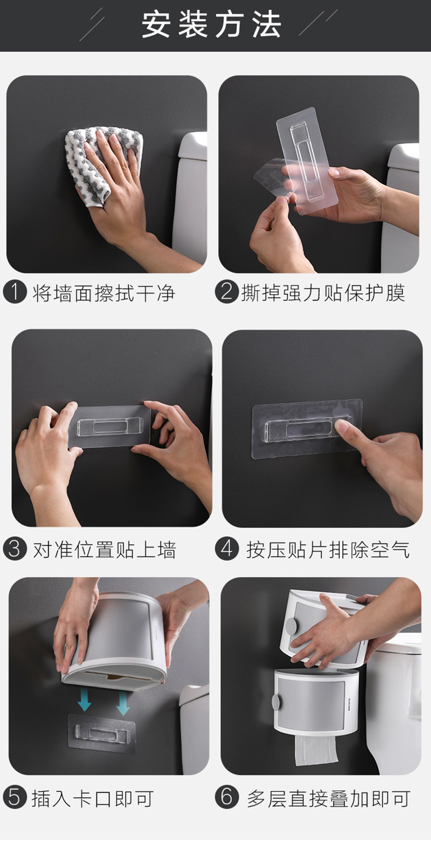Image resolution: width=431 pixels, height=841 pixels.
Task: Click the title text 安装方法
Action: (x=211, y=25)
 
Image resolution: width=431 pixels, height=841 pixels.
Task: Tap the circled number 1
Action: (x=15, y=292)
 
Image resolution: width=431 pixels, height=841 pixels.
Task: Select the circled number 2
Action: (x=227, y=292)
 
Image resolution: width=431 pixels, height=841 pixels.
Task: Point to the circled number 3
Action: (x=15, y=549)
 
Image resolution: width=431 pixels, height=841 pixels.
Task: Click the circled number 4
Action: (x=227, y=549)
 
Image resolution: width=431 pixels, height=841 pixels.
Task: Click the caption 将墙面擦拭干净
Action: (x=104, y=293)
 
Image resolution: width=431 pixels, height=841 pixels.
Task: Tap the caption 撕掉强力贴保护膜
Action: (x=322, y=293)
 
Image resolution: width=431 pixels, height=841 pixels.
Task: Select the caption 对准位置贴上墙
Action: (x=104, y=550)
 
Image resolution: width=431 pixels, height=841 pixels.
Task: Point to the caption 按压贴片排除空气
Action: (x=327, y=550)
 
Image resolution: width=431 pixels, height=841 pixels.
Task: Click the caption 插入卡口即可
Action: (x=93, y=798)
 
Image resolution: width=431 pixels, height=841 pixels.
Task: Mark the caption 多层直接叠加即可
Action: (x=328, y=798)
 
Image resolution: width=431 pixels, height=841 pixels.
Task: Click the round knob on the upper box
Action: (x=291, y=626)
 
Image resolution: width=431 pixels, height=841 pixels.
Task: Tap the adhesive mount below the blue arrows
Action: (x=101, y=733)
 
